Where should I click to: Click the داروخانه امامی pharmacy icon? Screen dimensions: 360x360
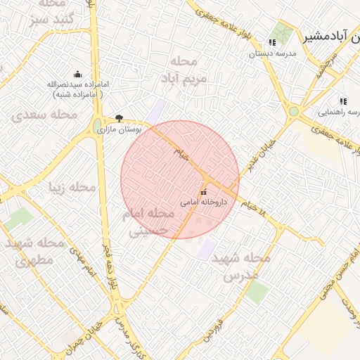pyautogui.click(x=204, y=192)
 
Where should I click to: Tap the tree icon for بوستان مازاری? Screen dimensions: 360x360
pyautogui.click(x=119, y=118)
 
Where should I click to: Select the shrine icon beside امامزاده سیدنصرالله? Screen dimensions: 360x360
pyautogui.click(x=77, y=74)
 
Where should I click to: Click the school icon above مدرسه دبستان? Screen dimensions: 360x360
pyautogui.click(x=272, y=43)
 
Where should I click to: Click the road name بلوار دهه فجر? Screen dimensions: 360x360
pyautogui.click(x=108, y=269)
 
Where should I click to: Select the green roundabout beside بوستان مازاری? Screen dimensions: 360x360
pyautogui.click(x=96, y=126)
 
